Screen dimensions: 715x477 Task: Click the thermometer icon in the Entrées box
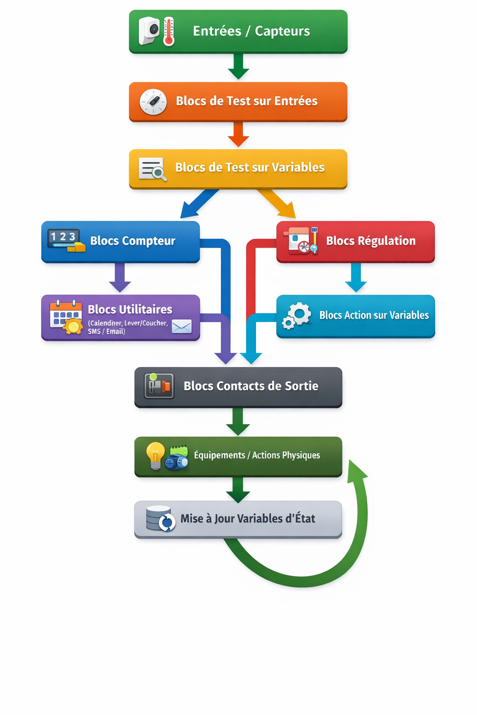click(169, 32)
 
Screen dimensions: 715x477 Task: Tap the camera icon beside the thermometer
click(150, 31)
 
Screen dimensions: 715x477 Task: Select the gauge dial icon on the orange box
click(153, 101)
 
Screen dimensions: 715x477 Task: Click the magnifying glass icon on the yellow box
click(159, 173)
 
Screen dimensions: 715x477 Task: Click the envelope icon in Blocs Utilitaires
click(181, 326)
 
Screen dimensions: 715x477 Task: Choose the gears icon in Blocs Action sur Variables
click(297, 316)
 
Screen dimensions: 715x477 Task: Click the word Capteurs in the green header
click(282, 31)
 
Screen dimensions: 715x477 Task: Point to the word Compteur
click(149, 241)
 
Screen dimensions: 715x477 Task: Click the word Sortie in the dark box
click(301, 386)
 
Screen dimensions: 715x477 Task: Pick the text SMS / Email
click(106, 331)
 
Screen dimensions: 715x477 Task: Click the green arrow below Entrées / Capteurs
click(238, 66)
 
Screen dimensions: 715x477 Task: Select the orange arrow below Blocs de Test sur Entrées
click(238, 135)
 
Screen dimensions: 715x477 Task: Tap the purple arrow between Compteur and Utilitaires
click(120, 277)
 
